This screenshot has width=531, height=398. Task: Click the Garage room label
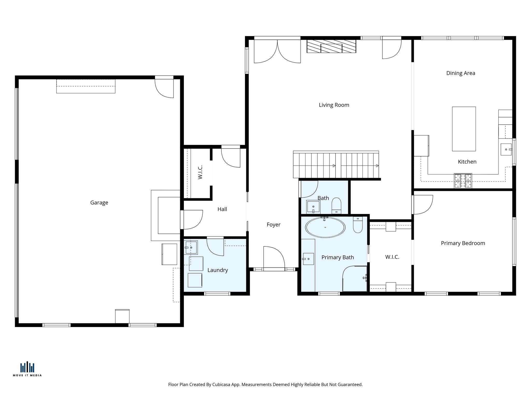pos(99,203)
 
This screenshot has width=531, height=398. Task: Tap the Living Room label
pos(334,105)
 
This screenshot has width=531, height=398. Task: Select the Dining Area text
pos(461,73)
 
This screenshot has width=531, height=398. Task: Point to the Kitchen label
pos(467,162)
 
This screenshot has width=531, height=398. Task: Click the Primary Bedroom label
pos(463,243)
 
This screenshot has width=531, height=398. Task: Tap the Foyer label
pos(274,225)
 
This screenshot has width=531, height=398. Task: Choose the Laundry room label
pos(218,270)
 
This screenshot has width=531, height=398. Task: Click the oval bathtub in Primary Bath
pos(325,227)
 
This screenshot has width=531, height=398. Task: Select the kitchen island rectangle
pos(464,129)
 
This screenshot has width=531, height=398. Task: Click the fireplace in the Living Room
pos(331,46)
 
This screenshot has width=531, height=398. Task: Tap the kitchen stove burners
pos(463,181)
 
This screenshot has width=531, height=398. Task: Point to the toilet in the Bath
pos(337,205)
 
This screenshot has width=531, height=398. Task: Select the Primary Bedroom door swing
pos(422,205)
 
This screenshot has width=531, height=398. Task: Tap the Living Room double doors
pos(277,51)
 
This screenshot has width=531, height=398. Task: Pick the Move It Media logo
pos(27,369)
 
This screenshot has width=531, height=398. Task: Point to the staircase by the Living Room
pos(336,165)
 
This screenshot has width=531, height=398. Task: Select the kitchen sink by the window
pos(506,150)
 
